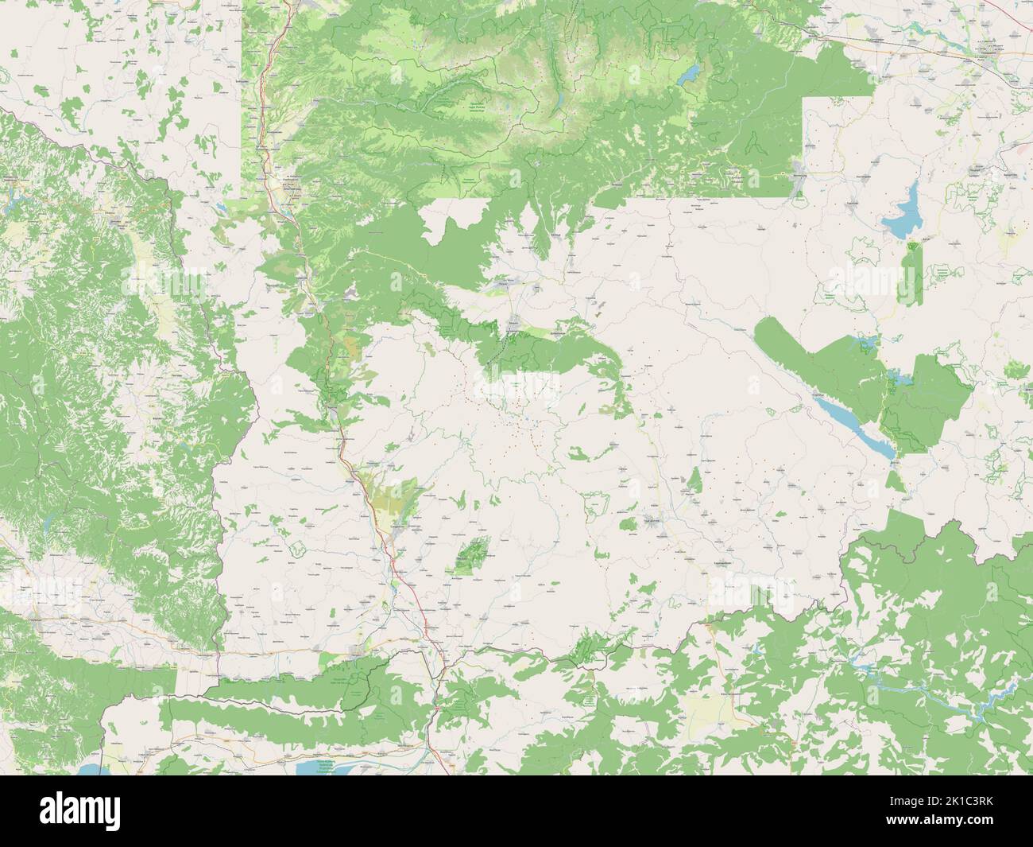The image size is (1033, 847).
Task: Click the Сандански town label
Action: (401, 529)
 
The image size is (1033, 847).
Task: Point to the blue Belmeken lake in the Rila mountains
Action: (690, 75)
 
